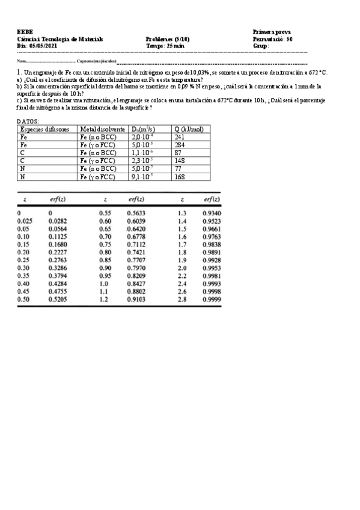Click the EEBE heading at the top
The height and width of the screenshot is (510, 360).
(25, 31)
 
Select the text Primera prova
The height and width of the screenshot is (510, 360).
(272, 31)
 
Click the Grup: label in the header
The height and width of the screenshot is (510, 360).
(261, 45)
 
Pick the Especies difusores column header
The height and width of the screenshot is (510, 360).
(44, 129)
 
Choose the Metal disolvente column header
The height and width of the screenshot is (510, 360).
(102, 129)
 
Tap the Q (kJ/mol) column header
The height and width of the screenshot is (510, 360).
(189, 129)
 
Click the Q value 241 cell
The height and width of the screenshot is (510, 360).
(180, 137)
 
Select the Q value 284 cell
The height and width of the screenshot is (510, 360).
(180, 145)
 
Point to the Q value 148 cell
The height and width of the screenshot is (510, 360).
(180, 161)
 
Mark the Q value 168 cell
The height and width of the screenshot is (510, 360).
(180, 177)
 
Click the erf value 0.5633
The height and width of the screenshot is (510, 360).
(136, 213)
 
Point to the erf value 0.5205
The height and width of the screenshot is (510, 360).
(58, 299)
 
